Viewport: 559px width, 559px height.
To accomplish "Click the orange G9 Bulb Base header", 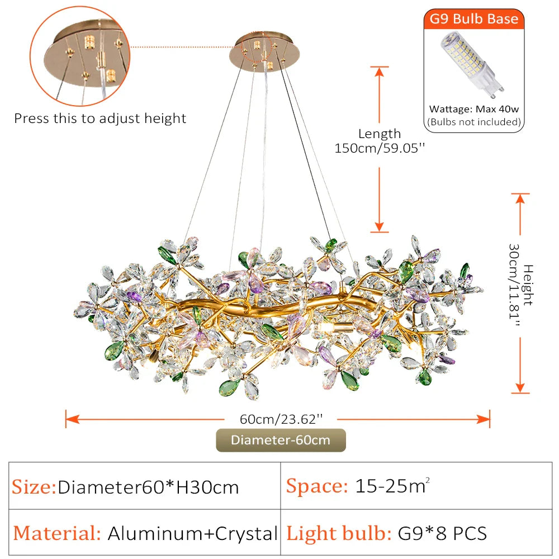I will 474,20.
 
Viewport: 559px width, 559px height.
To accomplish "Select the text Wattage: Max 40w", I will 474,110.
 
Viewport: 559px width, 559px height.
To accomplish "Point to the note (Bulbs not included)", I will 474,122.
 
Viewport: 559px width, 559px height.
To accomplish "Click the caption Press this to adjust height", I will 100,119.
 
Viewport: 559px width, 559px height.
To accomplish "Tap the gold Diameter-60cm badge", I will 281,440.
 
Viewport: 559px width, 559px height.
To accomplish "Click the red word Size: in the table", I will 34,487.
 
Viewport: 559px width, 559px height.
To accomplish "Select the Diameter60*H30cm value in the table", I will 149,487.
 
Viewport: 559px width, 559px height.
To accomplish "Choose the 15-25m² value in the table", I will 392,486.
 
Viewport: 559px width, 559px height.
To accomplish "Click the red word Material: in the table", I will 57,533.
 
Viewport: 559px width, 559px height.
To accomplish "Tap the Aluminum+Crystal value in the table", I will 192,533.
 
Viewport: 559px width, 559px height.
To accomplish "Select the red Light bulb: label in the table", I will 339,533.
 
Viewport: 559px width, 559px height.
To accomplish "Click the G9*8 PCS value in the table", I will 442,533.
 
